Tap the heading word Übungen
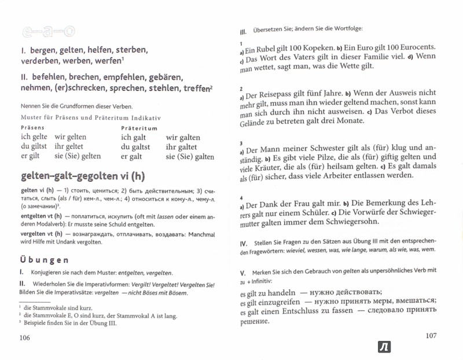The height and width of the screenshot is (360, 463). (x=43, y=260)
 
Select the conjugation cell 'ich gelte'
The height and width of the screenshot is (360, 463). (x=33, y=138)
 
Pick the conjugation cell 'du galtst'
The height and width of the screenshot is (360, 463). (x=135, y=147)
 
